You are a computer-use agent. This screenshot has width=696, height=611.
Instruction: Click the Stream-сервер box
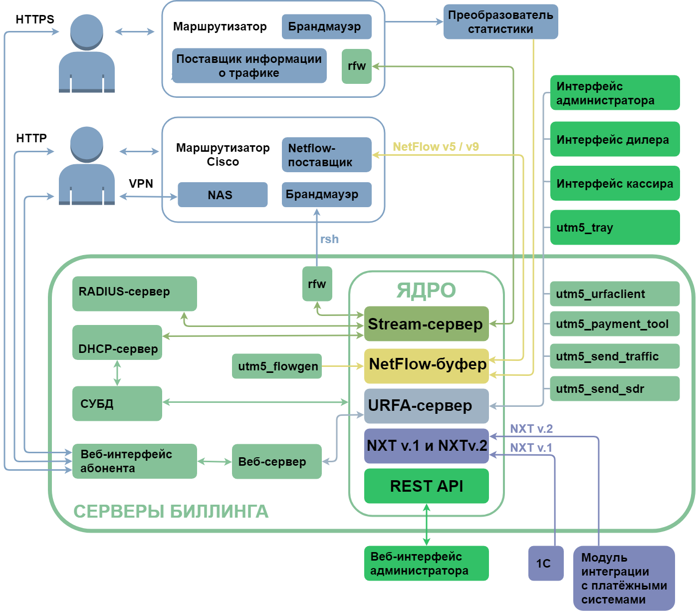click(426, 324)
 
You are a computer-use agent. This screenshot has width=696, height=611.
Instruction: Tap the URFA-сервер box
click(426, 406)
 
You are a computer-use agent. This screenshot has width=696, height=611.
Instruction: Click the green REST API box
click(426, 486)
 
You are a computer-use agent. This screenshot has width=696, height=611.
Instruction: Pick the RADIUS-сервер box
click(134, 294)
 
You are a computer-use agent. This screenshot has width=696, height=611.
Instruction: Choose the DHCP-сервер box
click(117, 342)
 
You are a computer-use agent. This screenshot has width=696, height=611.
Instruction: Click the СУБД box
click(117, 403)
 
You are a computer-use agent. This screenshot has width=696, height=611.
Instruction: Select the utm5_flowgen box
click(277, 366)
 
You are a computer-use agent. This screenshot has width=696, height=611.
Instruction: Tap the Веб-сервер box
click(276, 462)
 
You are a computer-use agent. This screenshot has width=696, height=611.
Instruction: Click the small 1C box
click(546, 563)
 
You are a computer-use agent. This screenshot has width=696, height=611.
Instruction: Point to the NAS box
click(223, 195)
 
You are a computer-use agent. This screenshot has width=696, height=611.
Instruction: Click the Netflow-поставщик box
click(326, 155)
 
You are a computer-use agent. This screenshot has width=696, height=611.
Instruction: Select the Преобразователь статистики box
click(500, 22)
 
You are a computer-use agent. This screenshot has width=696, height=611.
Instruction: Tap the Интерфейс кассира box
click(615, 183)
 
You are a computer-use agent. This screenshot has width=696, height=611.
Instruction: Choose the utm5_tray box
click(615, 228)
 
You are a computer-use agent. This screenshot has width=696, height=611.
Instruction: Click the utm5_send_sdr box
click(615, 389)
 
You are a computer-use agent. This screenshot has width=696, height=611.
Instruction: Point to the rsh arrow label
click(329, 239)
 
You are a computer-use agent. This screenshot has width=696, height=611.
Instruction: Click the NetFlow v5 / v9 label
click(436, 147)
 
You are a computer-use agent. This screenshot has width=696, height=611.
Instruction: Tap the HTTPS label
click(35, 19)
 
